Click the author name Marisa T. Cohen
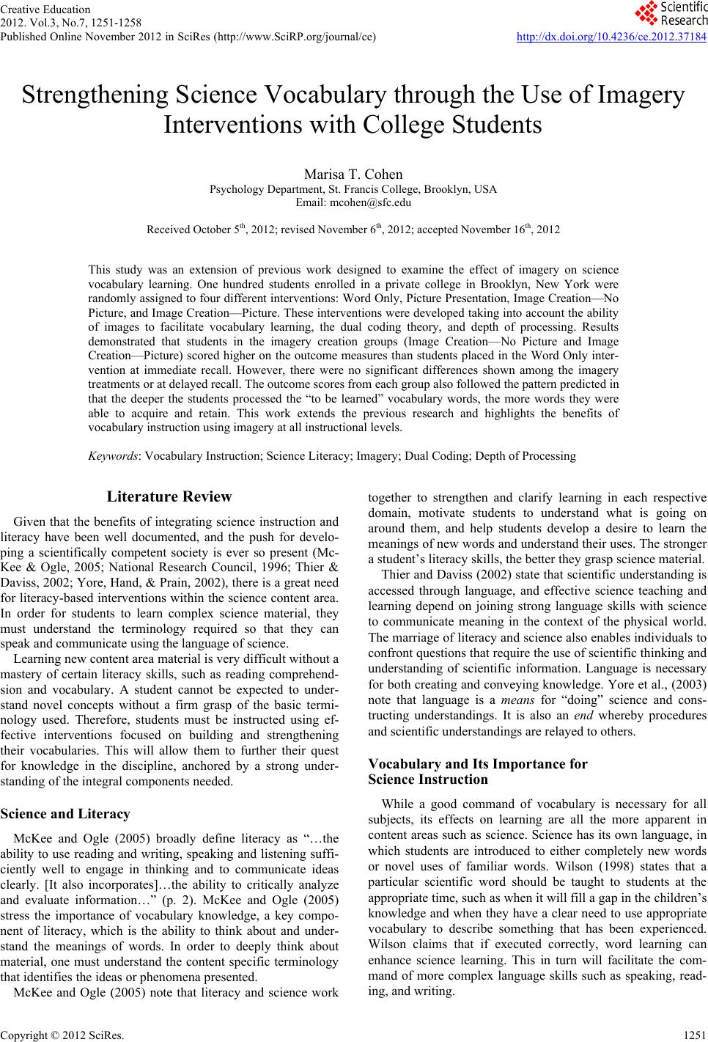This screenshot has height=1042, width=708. pyautogui.click(x=353, y=175)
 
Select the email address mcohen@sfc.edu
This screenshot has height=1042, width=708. pyautogui.click(x=353, y=202)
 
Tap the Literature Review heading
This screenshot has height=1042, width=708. pyautogui.click(x=169, y=496)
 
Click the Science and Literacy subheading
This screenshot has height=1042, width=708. pyautogui.click(x=65, y=813)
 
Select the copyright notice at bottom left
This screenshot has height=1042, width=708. pyautogui.click(x=62, y=1035)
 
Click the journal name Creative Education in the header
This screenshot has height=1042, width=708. pyautogui.click(x=45, y=10)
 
